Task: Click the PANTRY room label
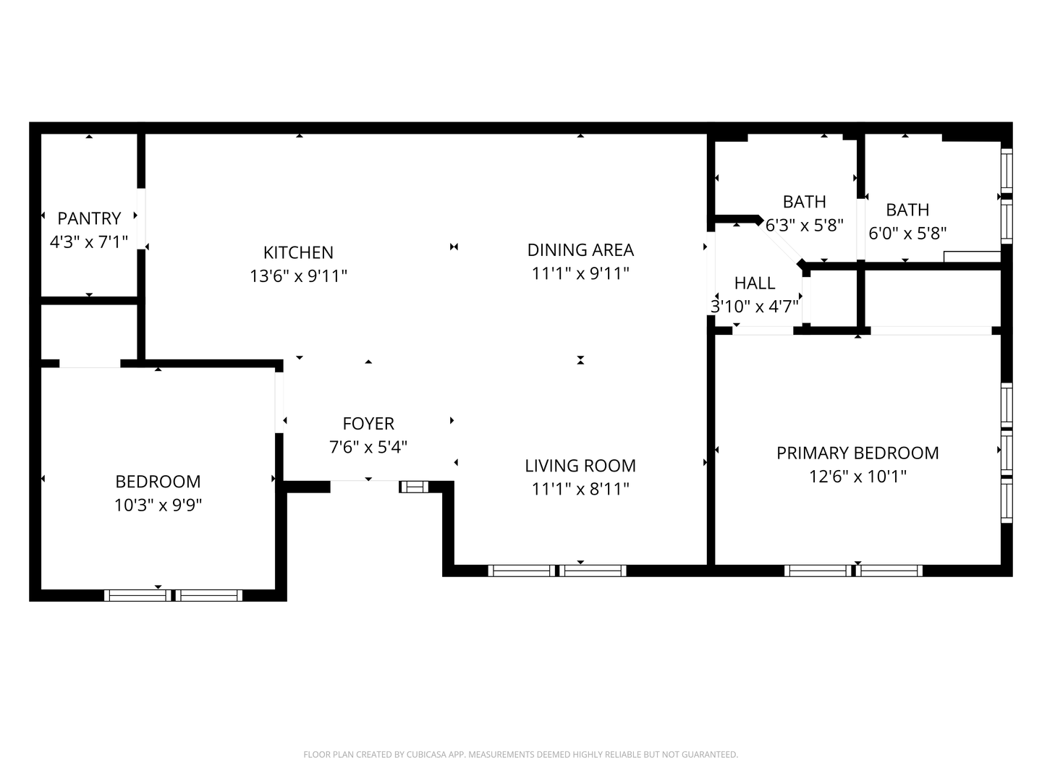click(89, 218)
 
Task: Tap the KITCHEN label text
click(298, 252)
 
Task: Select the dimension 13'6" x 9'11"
click(298, 276)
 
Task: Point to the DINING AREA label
click(580, 249)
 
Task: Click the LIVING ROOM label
click(580, 466)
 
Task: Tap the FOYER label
click(368, 423)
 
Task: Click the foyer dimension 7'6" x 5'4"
click(368, 447)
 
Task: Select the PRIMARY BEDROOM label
click(857, 453)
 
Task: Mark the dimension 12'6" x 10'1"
click(857, 477)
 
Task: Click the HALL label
click(755, 283)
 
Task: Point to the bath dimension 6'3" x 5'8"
click(805, 225)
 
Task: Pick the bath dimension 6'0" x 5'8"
click(907, 233)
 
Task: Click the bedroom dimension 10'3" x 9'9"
click(158, 505)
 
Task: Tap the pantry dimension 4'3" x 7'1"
click(89, 242)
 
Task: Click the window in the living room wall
click(557, 571)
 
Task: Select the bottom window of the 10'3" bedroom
click(173, 595)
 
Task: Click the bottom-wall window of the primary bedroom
click(853, 571)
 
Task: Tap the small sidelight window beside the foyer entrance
click(414, 487)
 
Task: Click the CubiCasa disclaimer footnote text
click(520, 754)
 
